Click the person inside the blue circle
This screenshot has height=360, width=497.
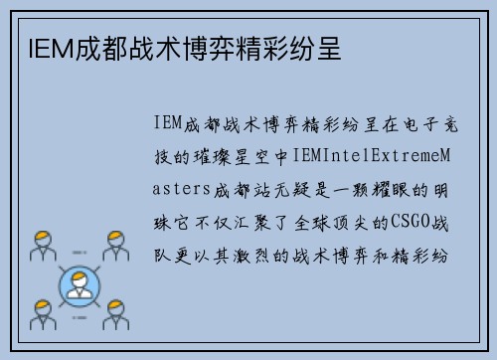point(80,285)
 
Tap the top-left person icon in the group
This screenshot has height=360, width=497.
point(43,245)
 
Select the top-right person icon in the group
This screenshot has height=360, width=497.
point(115,245)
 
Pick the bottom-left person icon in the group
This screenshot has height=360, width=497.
point(43,313)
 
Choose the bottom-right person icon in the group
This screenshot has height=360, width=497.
point(115,313)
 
